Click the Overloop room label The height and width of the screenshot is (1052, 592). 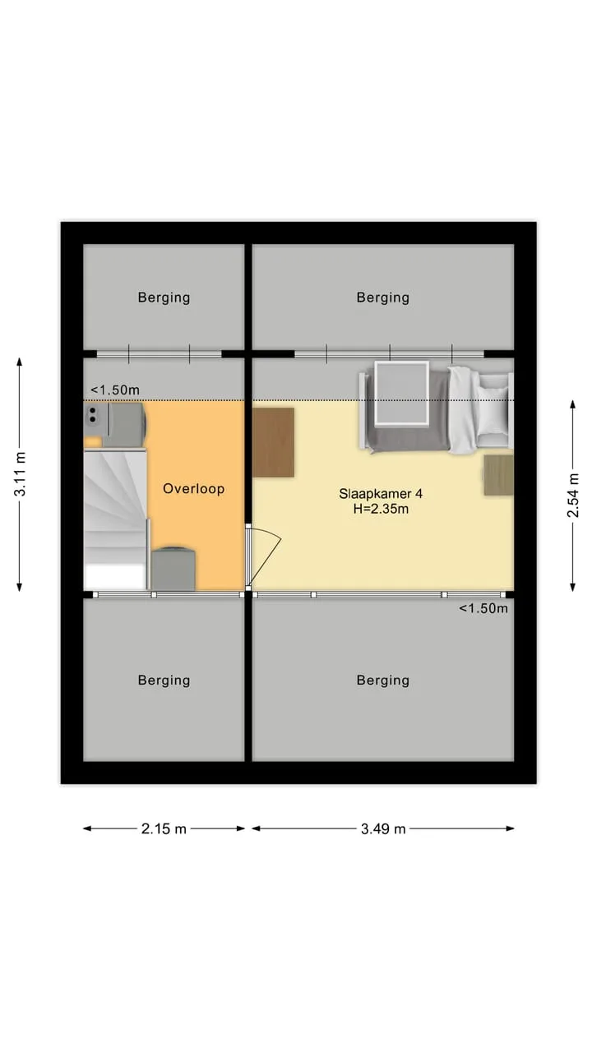click(x=193, y=488)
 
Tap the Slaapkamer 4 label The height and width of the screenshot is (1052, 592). click(x=381, y=494)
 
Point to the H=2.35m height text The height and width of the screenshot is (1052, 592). click(x=381, y=509)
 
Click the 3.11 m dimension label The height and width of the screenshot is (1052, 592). click(x=20, y=474)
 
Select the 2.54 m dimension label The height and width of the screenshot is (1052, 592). click(x=573, y=496)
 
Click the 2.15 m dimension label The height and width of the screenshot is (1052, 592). click(x=164, y=828)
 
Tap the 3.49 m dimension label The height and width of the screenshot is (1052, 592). click(x=383, y=828)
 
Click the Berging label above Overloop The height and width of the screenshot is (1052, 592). click(x=164, y=298)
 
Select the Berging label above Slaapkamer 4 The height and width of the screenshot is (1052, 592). click(x=383, y=298)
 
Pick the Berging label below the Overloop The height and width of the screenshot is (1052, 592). click(x=164, y=680)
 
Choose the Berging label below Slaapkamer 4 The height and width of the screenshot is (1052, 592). click(x=383, y=680)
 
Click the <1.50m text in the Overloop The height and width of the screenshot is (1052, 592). click(x=115, y=390)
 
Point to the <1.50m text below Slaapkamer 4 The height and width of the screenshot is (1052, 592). click(x=483, y=608)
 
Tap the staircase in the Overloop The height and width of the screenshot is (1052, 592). click(x=116, y=519)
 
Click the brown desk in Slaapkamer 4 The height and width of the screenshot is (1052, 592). click(x=274, y=442)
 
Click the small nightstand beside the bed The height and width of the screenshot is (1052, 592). click(x=498, y=474)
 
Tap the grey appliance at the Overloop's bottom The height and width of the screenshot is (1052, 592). click(x=173, y=568)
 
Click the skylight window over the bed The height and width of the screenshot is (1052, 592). click(x=402, y=394)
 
